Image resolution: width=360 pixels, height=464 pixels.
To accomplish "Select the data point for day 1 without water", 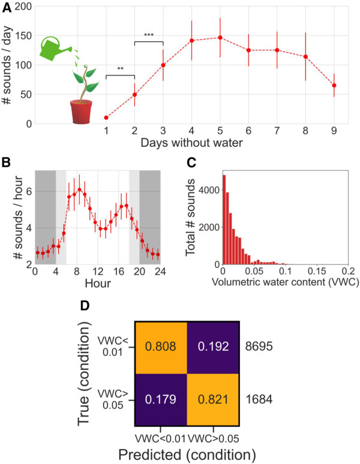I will coord(106,118).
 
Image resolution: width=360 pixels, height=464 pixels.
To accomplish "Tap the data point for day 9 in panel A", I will coord(334,86).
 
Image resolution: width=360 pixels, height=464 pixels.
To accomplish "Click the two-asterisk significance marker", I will coord(120,70).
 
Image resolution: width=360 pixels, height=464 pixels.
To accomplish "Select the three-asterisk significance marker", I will coord(149,35).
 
